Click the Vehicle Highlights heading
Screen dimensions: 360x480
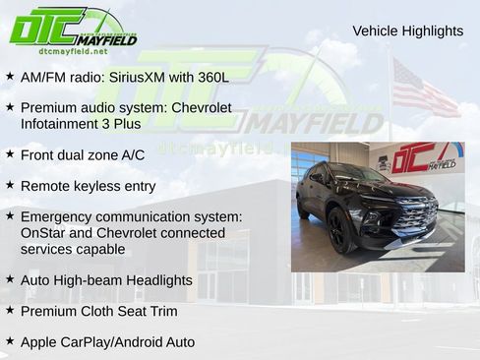click(407, 31)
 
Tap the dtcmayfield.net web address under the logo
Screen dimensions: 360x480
click(73, 50)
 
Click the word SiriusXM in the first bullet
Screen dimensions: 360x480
click(144, 76)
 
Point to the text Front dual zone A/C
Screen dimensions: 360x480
click(83, 154)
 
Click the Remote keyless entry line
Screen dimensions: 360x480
click(88, 186)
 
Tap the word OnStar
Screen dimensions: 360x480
click(48, 233)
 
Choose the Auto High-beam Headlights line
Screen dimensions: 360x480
click(106, 280)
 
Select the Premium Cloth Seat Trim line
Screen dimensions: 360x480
click(98, 311)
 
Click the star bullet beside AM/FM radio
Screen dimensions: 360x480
click(10, 75)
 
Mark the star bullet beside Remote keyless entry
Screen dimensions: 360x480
click(10, 185)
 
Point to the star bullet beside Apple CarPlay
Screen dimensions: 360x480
click(10, 341)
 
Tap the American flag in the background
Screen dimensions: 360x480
click(424, 89)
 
